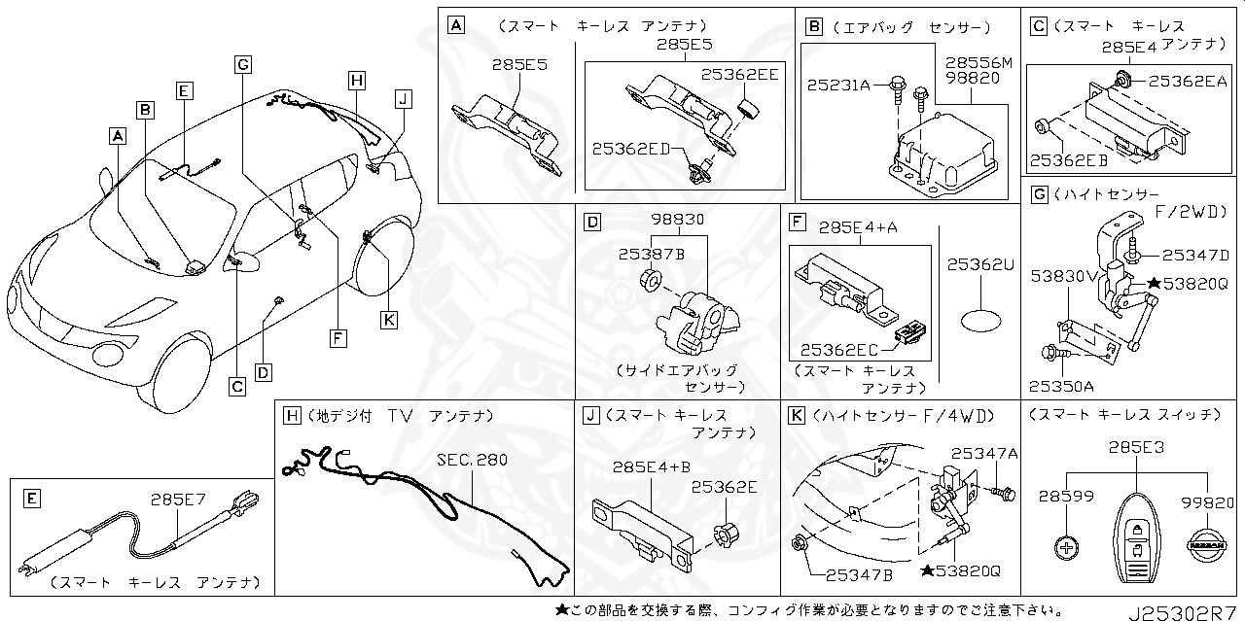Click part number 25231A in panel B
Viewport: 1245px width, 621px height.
[837, 86]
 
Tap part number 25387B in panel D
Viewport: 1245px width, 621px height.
[652, 255]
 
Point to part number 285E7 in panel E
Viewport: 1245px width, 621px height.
[178, 500]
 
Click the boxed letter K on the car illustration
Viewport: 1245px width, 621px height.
[388, 319]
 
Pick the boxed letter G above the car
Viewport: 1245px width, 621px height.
[244, 64]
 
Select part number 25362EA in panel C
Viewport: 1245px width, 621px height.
[1187, 82]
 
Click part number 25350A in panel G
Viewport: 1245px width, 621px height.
[1061, 386]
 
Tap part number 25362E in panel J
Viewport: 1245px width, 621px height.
[724, 487]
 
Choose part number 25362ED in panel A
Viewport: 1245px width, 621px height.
[631, 148]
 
